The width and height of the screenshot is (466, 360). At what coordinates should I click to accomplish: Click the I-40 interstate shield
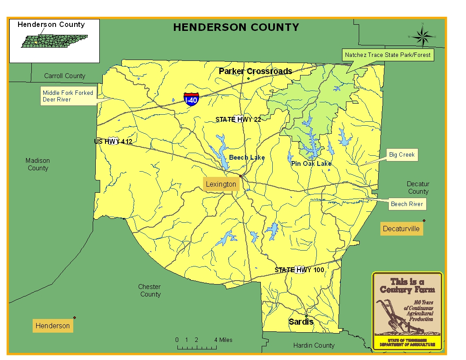pyautogui.click(x=191, y=99)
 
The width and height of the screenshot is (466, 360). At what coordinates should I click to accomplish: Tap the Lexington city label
pyautogui.click(x=221, y=184)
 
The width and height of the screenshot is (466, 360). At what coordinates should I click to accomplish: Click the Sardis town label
pyautogui.click(x=301, y=322)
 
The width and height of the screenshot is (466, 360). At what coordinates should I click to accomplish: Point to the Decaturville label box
pyautogui.click(x=401, y=229)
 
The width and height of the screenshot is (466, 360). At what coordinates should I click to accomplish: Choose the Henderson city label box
pyautogui.click(x=53, y=326)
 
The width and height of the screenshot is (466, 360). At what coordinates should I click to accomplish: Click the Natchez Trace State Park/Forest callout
pyautogui.click(x=388, y=55)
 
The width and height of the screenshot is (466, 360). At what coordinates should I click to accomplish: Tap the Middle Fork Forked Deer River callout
pyautogui.click(x=68, y=96)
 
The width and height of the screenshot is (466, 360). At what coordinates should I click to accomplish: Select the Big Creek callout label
pyautogui.click(x=401, y=155)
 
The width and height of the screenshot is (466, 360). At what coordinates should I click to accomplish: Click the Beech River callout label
pyautogui.click(x=406, y=204)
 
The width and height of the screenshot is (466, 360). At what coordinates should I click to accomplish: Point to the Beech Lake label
pyautogui.click(x=247, y=157)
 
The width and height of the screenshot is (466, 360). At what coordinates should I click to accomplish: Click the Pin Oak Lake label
pyautogui.click(x=311, y=164)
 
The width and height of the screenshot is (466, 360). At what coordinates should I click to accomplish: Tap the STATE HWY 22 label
pyautogui.click(x=238, y=120)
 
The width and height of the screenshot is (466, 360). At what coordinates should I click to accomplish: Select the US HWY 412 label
pyautogui.click(x=113, y=142)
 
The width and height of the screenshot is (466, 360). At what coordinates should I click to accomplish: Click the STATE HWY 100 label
pyautogui.click(x=299, y=270)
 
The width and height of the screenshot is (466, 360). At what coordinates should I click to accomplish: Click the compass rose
pyautogui.click(x=422, y=36)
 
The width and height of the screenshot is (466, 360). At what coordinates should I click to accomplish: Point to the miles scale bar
pyautogui.click(x=197, y=347)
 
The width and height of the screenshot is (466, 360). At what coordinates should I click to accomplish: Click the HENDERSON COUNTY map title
pyautogui.click(x=236, y=27)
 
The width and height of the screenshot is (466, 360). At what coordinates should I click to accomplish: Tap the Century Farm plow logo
pyautogui.click(x=407, y=311)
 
